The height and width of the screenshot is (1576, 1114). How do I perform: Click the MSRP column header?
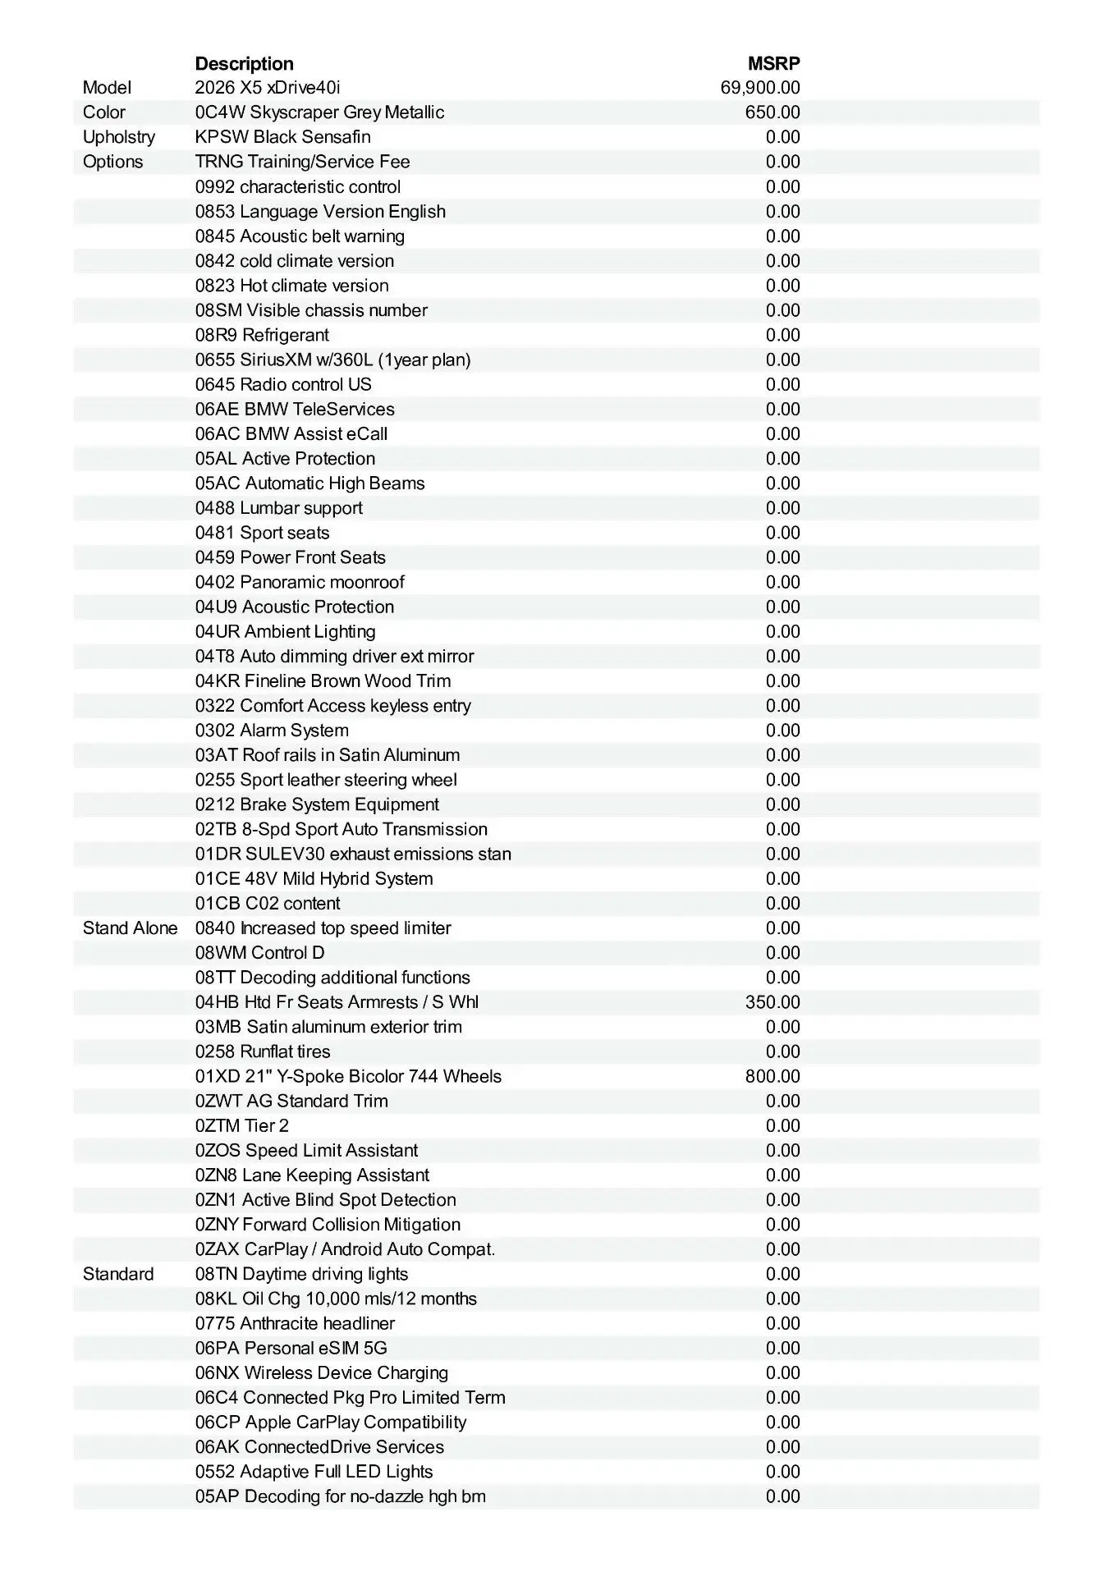click(773, 63)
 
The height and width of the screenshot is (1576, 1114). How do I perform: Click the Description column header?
click(244, 63)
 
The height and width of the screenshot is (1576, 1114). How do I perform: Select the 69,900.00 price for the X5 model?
click(759, 88)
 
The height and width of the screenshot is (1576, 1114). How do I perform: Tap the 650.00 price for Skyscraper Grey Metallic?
click(772, 112)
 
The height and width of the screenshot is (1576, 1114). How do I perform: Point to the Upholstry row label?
click(118, 137)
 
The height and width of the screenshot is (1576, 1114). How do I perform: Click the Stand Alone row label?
click(130, 928)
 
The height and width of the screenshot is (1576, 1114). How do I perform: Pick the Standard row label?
click(118, 1274)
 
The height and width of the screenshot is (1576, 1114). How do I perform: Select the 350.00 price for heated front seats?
click(772, 1002)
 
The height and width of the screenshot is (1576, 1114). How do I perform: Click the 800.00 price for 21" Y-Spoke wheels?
click(772, 1076)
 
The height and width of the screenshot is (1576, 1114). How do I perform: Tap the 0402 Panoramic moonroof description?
click(300, 582)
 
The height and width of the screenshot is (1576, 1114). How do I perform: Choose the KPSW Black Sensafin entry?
click(282, 137)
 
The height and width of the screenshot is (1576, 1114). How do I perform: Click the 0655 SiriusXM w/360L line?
click(332, 360)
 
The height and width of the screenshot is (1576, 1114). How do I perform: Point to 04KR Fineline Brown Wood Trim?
click(323, 680)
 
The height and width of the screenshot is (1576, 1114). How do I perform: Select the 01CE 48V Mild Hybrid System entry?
click(314, 878)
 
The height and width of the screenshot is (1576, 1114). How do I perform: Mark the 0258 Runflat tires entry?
click(263, 1051)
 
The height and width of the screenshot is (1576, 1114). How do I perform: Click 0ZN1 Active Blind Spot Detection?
click(325, 1200)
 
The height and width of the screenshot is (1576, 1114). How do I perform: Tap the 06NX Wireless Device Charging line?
click(321, 1372)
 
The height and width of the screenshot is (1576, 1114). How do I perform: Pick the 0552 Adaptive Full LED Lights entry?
click(314, 1472)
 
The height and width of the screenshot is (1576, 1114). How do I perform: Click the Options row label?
click(112, 162)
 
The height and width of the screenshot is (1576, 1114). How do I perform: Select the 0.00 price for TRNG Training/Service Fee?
click(782, 162)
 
